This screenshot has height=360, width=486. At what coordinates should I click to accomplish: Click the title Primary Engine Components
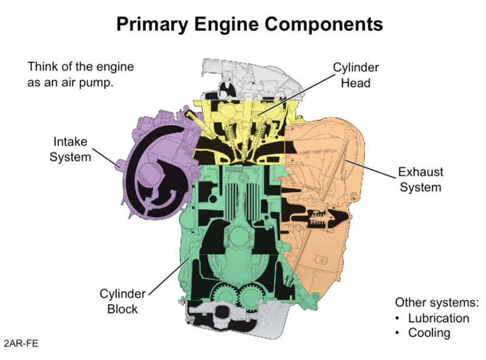click(249, 24)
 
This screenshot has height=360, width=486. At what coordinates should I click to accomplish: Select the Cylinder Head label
click(354, 74)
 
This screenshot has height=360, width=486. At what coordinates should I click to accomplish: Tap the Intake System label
click(69, 149)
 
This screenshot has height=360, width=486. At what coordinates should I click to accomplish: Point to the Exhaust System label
click(420, 179)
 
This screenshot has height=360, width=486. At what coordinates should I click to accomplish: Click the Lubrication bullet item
click(438, 318)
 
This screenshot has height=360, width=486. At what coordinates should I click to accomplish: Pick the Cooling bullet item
click(429, 333)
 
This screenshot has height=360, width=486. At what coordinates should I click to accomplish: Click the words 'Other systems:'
click(437, 302)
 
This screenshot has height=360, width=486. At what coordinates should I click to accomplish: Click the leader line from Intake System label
click(109, 159)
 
